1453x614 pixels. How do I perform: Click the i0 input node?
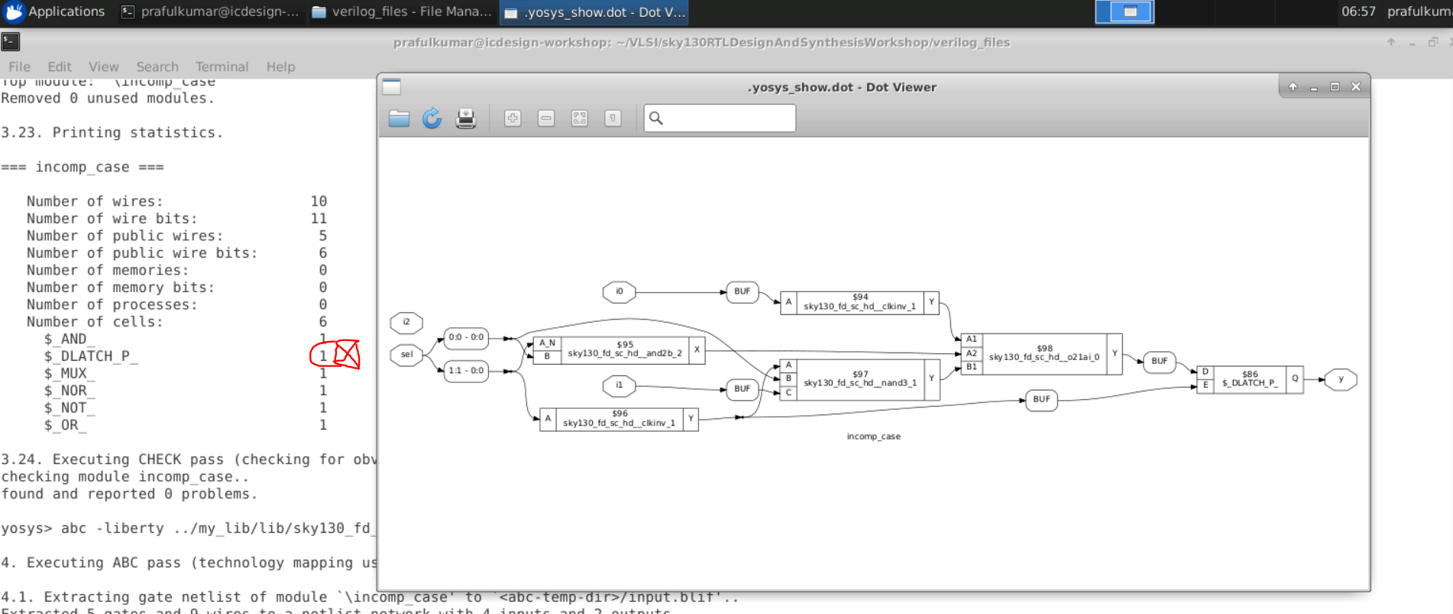(619, 291)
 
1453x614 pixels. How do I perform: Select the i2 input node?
(406, 323)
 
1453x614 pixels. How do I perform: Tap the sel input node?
(406, 355)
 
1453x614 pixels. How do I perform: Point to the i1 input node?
(619, 385)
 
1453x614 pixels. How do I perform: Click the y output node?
(1340, 379)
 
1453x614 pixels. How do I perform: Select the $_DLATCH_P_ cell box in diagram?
(1249, 379)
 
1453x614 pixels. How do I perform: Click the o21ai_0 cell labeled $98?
(1044, 353)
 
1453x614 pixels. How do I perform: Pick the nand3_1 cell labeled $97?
(859, 379)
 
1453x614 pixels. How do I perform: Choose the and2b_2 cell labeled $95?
(624, 349)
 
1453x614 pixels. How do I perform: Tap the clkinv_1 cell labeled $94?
(859, 302)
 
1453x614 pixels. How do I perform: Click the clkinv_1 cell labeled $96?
(619, 418)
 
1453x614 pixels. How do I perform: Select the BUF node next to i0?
(742, 291)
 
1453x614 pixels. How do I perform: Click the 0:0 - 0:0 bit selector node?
(465, 337)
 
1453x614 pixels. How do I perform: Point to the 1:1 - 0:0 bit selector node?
(465, 371)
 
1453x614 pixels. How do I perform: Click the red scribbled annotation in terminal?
(337, 355)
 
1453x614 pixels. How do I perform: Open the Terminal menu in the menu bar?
(222, 67)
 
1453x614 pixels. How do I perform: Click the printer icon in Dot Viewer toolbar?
(466, 119)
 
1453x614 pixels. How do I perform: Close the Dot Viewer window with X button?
(1356, 87)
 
